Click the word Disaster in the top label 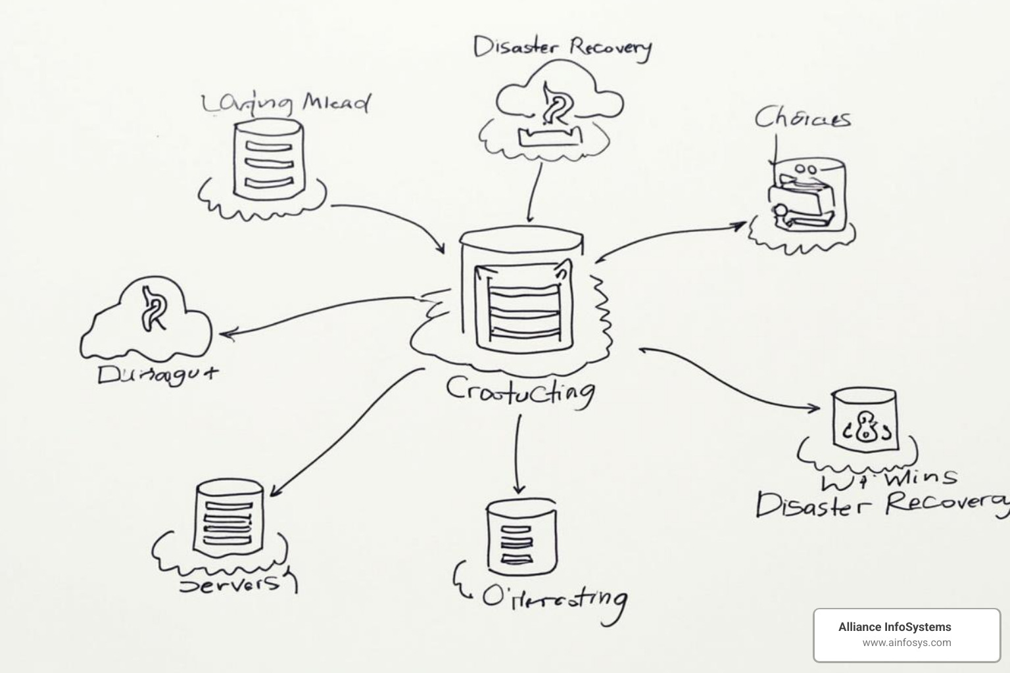pyautogui.click(x=516, y=47)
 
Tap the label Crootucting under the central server pyautogui.click(x=520, y=391)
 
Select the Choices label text pyautogui.click(x=802, y=118)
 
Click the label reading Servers pyautogui.click(x=230, y=584)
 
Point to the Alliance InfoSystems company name pyautogui.click(x=894, y=627)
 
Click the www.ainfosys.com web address pyautogui.click(x=906, y=643)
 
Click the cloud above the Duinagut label pyautogui.click(x=148, y=315)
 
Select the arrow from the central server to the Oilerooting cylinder pyautogui.click(x=519, y=453)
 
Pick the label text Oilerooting pyautogui.click(x=554, y=597)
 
